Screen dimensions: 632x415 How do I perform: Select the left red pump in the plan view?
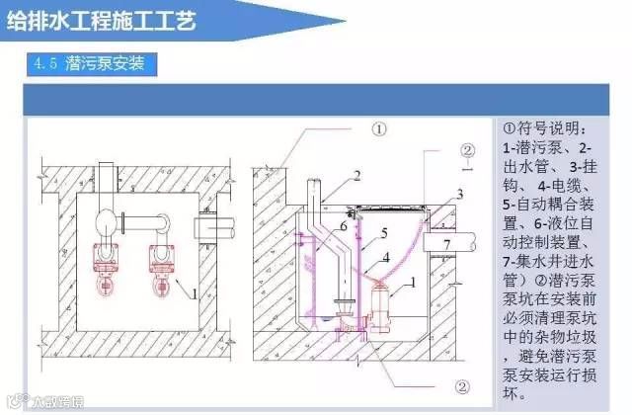(103, 260)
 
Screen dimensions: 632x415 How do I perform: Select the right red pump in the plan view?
(157, 260)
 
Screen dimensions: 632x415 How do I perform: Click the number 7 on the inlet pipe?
(445, 243)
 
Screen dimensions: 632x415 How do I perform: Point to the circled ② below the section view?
(461, 386)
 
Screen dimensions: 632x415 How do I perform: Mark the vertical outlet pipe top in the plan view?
(128, 180)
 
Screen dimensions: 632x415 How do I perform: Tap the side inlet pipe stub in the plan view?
(213, 228)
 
